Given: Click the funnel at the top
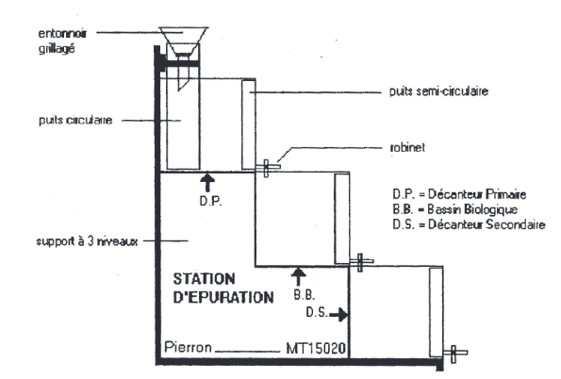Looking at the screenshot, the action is click(183, 41).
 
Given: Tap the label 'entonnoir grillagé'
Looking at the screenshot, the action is click(62, 41).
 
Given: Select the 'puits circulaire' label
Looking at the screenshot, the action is click(75, 120).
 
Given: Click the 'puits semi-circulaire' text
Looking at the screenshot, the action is click(438, 91).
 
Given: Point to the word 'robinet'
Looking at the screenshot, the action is click(407, 147).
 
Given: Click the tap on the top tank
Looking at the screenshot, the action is click(268, 168).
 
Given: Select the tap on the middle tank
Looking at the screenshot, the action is click(361, 262).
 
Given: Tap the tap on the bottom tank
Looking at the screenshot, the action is click(455, 354).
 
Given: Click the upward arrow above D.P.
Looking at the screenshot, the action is click(207, 182).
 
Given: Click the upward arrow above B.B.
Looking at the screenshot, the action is click(298, 276).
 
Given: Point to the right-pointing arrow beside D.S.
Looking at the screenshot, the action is click(338, 315).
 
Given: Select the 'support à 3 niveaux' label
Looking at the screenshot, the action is click(87, 241).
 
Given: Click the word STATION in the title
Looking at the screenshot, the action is click(204, 279).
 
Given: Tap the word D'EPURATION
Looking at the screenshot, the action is click(223, 297).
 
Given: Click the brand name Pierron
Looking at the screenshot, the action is click(188, 347).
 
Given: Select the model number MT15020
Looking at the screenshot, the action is click(316, 348).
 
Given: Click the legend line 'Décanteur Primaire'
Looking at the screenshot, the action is click(459, 194).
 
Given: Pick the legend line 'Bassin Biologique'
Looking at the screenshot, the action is click(454, 209).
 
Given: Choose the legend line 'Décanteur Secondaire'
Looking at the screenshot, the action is click(469, 224).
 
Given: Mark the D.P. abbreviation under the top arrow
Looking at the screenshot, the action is click(210, 201).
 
